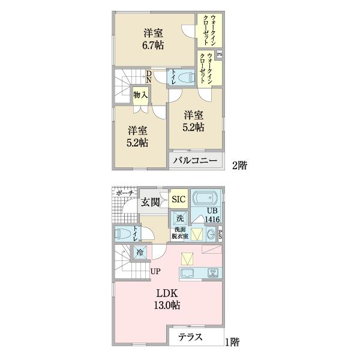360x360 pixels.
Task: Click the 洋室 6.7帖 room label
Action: click(x=154, y=39)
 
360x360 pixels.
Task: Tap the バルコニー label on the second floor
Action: click(x=196, y=160)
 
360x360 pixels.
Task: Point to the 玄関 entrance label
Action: click(x=150, y=202)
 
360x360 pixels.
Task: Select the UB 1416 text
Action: click(x=212, y=215)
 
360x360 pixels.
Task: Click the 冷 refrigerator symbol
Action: click(x=140, y=253)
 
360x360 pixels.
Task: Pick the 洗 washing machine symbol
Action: click(x=179, y=218)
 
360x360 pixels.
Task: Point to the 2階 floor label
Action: click(x=239, y=164)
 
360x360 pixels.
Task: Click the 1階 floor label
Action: click(x=232, y=342)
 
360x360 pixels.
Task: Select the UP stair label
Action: click(x=155, y=271)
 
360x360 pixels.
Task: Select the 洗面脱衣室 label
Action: click(x=180, y=233)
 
